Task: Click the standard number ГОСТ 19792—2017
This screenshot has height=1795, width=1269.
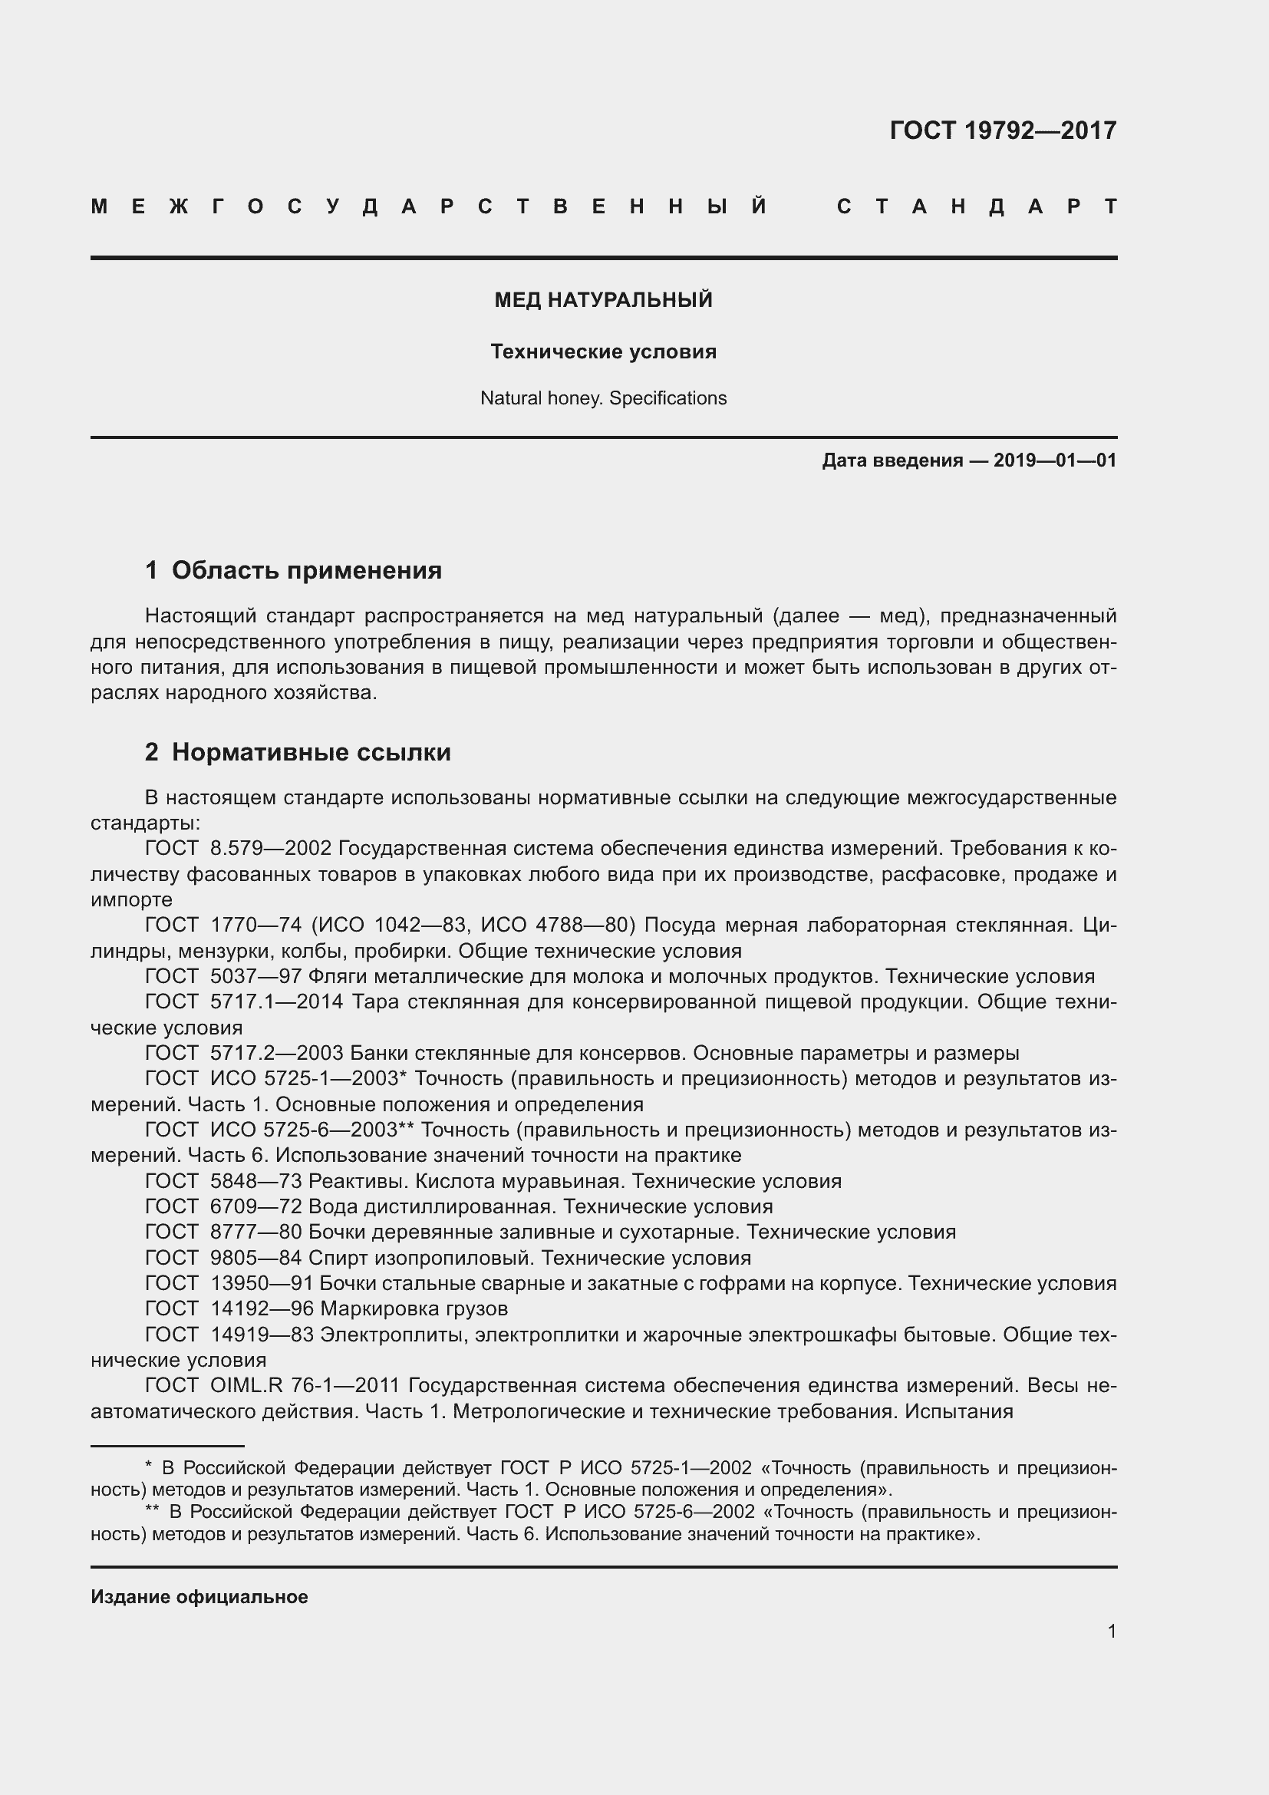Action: (1003, 130)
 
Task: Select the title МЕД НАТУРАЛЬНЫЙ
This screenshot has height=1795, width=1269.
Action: (603, 300)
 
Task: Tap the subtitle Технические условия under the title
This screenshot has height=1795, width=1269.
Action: (603, 351)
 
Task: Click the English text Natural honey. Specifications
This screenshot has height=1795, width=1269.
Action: (603, 398)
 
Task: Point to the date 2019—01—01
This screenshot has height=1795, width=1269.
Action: (1055, 460)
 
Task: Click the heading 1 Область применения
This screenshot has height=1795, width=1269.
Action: (293, 570)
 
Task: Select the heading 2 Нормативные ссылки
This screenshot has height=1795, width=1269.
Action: (298, 752)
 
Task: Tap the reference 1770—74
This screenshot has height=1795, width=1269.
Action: (255, 925)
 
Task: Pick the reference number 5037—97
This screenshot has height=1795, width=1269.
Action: (255, 976)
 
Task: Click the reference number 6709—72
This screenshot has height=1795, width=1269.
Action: (255, 1206)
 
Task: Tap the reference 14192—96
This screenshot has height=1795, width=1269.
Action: (262, 1308)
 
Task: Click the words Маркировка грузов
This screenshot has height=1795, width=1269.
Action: (414, 1308)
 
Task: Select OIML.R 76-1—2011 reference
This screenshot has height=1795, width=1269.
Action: (305, 1385)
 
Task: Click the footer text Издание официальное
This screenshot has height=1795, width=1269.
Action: (199, 1596)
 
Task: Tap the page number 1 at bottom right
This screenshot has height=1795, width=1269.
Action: (1111, 1631)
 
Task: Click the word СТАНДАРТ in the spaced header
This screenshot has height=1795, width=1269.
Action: (977, 207)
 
